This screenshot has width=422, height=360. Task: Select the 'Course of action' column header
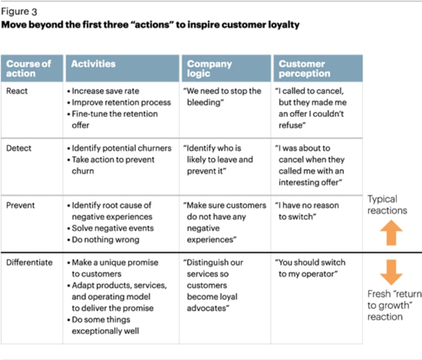[x=29, y=69]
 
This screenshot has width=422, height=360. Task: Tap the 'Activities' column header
[x=93, y=64]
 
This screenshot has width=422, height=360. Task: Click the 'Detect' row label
[x=19, y=148]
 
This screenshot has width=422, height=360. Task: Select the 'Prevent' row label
[x=21, y=206]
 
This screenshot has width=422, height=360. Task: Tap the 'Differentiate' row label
[x=29, y=263]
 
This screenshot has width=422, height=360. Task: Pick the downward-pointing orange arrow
[x=392, y=271]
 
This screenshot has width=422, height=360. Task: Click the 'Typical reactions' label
[x=387, y=205]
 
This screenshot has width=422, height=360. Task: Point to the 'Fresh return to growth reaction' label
[x=390, y=305]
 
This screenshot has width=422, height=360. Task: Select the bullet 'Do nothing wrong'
[x=105, y=240]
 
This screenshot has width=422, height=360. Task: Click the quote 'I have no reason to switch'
[x=311, y=211]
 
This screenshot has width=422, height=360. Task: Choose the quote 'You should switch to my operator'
[x=311, y=268]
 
